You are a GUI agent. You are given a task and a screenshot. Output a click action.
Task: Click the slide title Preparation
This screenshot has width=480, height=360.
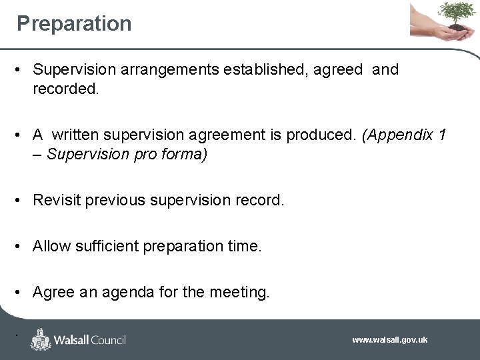point(74,24)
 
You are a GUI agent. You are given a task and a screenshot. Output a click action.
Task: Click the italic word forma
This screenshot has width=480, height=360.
point(186,154)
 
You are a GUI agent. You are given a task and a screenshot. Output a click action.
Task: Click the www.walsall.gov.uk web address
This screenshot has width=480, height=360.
point(390,340)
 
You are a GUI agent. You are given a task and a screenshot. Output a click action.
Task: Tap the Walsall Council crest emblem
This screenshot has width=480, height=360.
point(41,339)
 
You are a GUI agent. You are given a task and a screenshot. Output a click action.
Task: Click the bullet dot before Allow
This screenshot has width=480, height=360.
point(21,247)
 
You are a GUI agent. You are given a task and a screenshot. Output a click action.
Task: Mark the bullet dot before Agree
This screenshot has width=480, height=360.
point(21,293)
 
